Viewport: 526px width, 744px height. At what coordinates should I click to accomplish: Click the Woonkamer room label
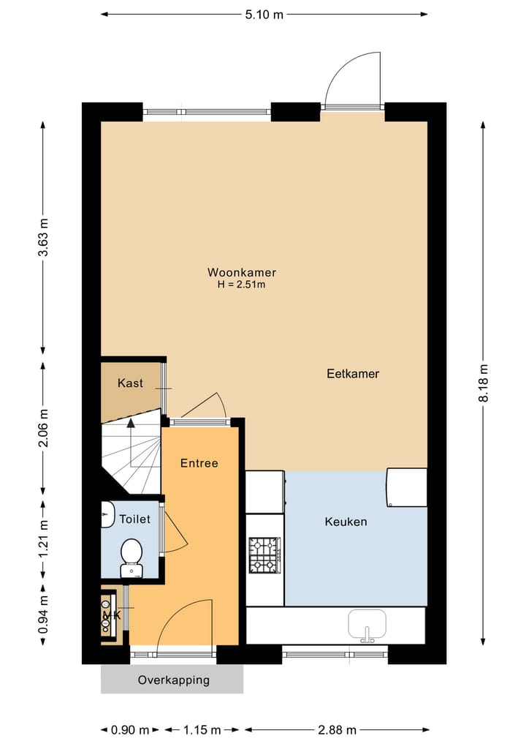point(242,272)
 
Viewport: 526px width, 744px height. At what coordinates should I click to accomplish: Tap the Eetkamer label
point(353,374)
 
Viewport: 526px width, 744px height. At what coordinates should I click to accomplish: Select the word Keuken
point(346,522)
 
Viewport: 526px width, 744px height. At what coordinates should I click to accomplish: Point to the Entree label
point(199,463)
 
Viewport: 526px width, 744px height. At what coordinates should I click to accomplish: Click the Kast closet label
point(130,383)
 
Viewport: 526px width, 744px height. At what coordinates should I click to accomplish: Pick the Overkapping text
point(173,680)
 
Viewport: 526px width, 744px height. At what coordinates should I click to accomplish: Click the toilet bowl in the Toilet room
point(131,558)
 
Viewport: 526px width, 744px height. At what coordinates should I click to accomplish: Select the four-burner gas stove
point(265,555)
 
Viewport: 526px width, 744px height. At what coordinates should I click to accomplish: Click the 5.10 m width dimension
point(264,15)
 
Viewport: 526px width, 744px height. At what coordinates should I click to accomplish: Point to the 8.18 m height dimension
point(484,383)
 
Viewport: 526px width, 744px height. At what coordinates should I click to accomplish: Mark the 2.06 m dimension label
point(43,428)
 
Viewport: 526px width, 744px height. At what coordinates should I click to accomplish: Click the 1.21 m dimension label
point(43,539)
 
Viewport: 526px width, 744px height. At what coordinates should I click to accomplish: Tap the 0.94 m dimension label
point(43,615)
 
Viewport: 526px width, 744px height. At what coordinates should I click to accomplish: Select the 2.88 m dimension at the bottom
point(337,729)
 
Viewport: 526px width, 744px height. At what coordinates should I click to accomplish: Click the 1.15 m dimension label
point(202,729)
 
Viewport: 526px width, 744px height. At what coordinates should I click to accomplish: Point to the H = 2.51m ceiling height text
point(241,285)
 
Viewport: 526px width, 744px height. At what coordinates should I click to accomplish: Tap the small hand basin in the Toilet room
point(107,514)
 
